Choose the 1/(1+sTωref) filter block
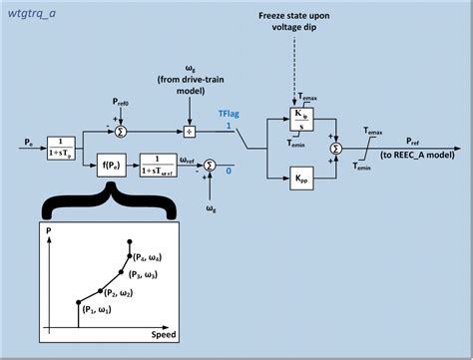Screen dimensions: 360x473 pyautogui.click(x=158, y=162)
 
